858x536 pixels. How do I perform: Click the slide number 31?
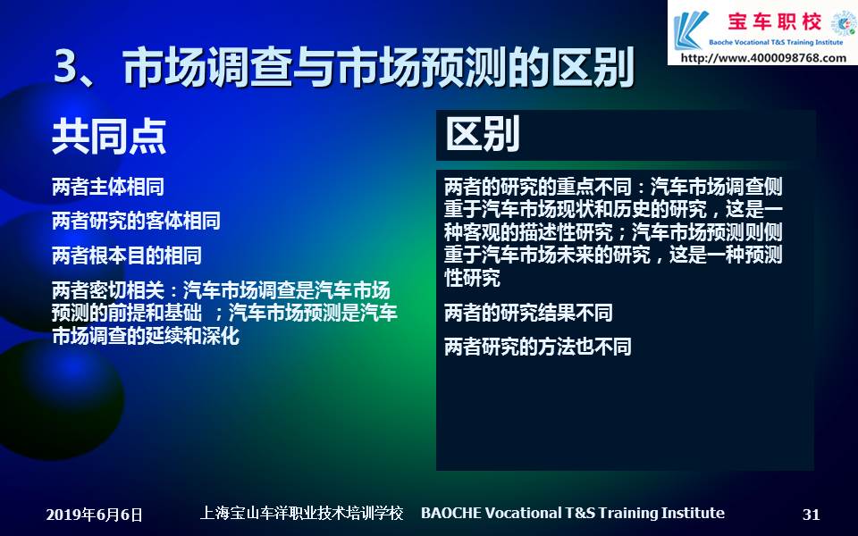click(811, 515)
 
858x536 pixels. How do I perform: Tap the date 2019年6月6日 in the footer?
click(94, 515)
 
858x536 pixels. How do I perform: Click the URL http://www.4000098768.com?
click(763, 57)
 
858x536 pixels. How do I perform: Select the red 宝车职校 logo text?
click(774, 21)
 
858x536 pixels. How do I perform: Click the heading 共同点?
click(109, 136)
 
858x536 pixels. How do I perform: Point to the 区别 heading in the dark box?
click(483, 135)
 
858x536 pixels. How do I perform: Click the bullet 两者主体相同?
click(108, 187)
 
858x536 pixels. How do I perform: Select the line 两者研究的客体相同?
click(136, 221)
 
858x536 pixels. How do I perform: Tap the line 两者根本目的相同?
click(126, 255)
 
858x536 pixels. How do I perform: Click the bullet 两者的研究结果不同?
click(528, 313)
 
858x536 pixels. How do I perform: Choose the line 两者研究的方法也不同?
click(537, 347)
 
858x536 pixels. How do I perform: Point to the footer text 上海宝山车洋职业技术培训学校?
click(301, 513)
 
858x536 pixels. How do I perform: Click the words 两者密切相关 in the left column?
click(108, 290)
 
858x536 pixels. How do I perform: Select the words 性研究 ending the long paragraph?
click(472, 278)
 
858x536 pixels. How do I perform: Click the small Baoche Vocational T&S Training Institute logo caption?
click(776, 42)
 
